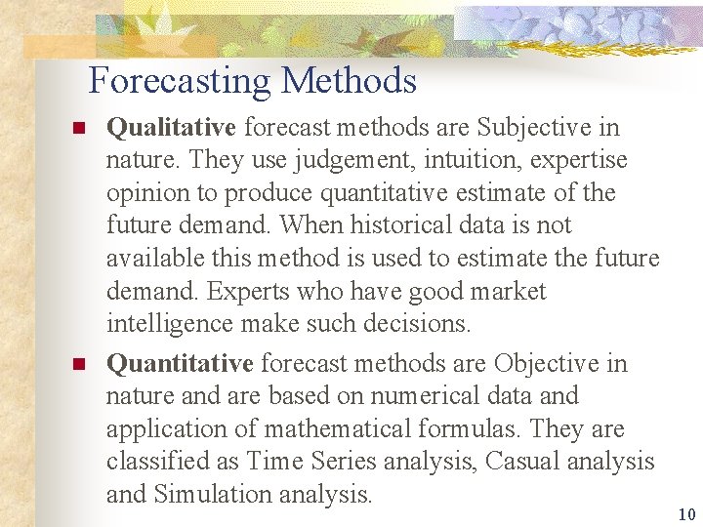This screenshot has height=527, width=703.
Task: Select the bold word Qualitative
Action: coord(171,127)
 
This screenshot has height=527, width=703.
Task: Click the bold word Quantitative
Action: coord(180,364)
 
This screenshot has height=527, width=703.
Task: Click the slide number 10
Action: coord(686,514)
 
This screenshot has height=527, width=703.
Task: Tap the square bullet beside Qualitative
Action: coord(80,128)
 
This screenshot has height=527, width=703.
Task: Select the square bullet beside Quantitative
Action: coord(80,365)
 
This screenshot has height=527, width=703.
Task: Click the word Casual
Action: coord(519,463)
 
